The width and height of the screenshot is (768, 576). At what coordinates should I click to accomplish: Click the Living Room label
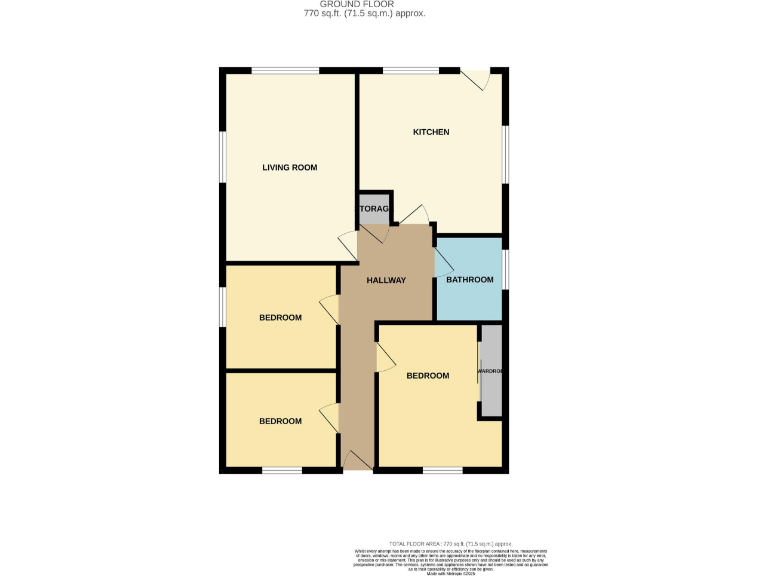pos(289,167)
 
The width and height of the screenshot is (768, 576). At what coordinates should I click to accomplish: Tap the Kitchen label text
pos(431,132)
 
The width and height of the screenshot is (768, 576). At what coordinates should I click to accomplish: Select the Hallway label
pos(386,280)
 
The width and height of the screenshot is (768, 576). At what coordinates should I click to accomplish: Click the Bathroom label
pos(469,280)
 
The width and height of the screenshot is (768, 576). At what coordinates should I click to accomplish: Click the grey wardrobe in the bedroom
pos(490,371)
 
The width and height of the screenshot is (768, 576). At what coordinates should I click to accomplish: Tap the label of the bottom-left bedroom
pos(280,421)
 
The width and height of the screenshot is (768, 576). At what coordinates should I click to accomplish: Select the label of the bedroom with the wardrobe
pos(427,376)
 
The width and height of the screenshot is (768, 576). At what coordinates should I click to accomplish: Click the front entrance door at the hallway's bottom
pos(356,460)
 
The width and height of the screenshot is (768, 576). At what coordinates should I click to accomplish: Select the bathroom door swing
pos(441,263)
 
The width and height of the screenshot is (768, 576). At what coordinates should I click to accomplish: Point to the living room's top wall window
pos(285,70)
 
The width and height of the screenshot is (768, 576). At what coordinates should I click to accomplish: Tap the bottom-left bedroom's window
pos(282,470)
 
